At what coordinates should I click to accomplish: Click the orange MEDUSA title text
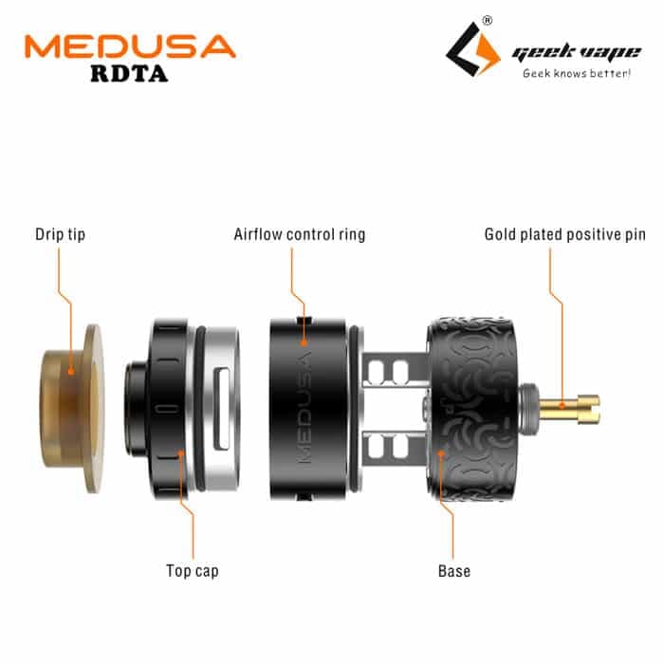click(x=130, y=46)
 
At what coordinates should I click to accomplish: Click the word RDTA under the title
click(x=129, y=74)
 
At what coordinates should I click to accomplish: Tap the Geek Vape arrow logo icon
click(x=473, y=49)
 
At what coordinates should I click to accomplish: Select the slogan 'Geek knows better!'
click(x=577, y=73)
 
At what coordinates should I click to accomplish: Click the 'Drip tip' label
click(x=60, y=234)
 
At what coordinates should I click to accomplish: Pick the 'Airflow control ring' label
click(x=300, y=234)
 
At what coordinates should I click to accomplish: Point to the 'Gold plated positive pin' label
click(x=565, y=234)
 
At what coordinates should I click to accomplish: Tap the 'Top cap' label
click(x=193, y=571)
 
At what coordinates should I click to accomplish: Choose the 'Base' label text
click(x=454, y=571)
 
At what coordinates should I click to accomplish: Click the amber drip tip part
click(x=72, y=408)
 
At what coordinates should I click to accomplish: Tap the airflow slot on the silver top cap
click(x=222, y=409)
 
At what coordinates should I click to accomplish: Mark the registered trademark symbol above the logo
click(x=488, y=20)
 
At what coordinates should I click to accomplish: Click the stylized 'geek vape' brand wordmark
click(x=577, y=53)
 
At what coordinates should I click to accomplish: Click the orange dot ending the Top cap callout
click(x=181, y=453)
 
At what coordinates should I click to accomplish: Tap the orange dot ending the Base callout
click(x=441, y=453)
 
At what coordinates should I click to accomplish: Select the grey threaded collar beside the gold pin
click(x=529, y=409)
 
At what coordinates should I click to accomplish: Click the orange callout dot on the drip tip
click(x=71, y=372)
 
